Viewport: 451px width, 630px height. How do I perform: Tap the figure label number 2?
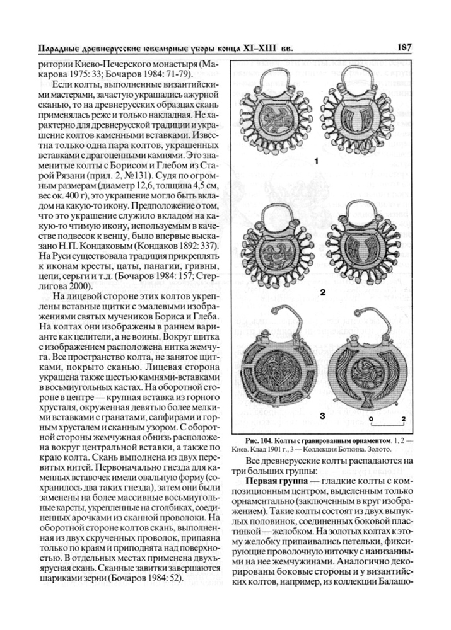(x=322, y=292)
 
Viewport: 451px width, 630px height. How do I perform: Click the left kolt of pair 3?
(x=278, y=372)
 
